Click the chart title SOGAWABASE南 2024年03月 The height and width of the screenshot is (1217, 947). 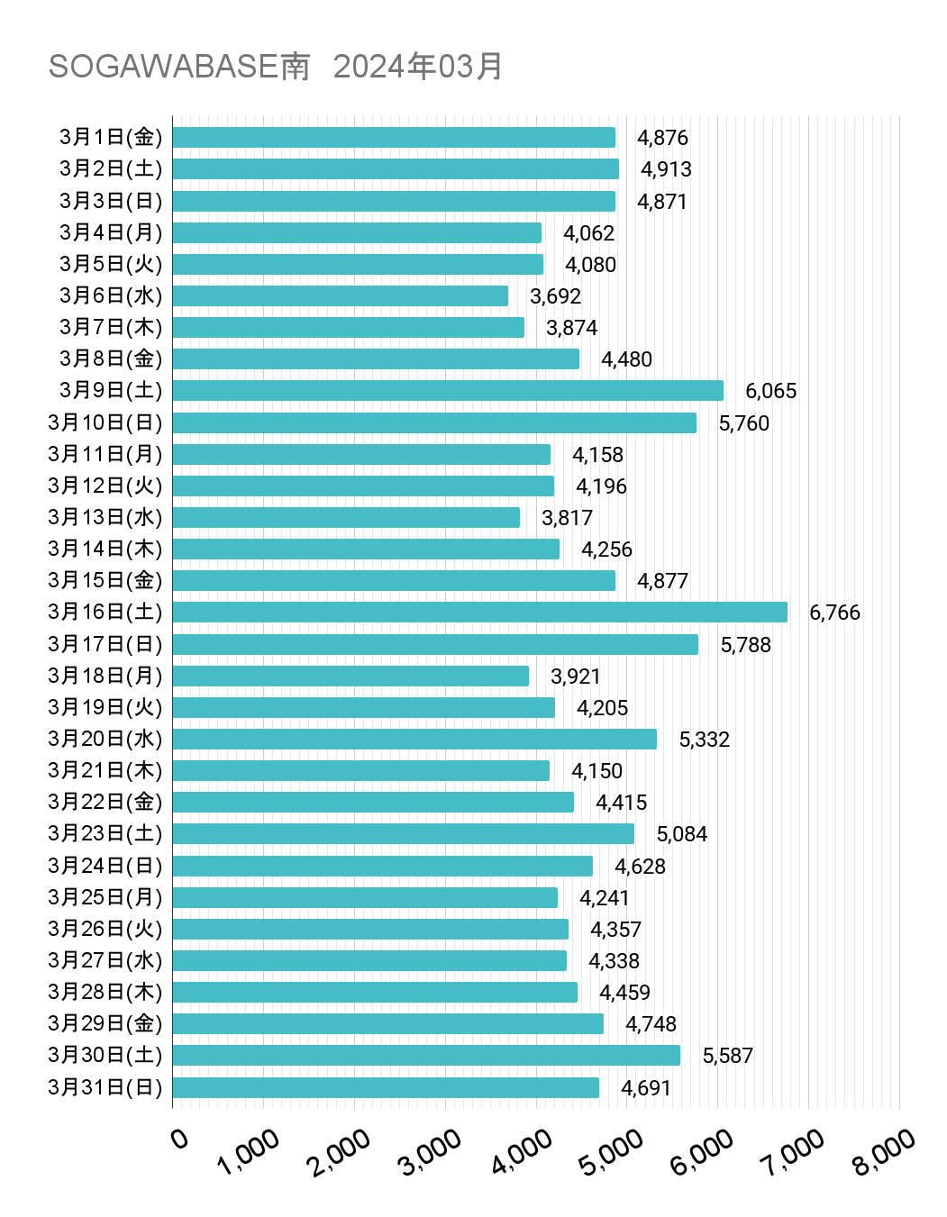pyautogui.click(x=275, y=67)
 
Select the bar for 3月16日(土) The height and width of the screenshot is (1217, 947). pyautogui.click(x=479, y=613)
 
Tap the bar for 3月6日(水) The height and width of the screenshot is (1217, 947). pyautogui.click(x=340, y=296)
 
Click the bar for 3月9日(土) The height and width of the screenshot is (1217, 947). pyautogui.click(x=447, y=391)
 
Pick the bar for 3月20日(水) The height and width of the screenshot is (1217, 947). pyautogui.click(x=414, y=740)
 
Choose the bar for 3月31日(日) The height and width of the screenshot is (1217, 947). pyautogui.click(x=385, y=1088)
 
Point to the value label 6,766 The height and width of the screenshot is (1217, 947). pyautogui.click(x=834, y=613)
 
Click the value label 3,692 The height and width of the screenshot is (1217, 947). pyautogui.click(x=555, y=296)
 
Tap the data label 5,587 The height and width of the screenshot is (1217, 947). pyautogui.click(x=727, y=1056)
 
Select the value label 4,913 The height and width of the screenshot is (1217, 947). pyautogui.click(x=666, y=169)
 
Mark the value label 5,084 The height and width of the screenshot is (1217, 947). pyautogui.click(x=681, y=834)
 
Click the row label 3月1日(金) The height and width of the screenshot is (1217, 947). pyautogui.click(x=111, y=137)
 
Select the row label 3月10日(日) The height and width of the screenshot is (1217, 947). pyautogui.click(x=105, y=422)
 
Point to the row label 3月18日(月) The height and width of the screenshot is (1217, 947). pyautogui.click(x=105, y=676)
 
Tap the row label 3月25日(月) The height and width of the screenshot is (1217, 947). pyautogui.click(x=105, y=897)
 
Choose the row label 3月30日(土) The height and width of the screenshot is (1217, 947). pyautogui.click(x=105, y=1055)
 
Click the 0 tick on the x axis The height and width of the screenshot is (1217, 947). pyautogui.click(x=179, y=1140)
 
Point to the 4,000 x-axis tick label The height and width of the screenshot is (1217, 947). pyautogui.click(x=522, y=1152)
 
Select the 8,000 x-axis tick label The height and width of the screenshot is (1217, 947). pyautogui.click(x=884, y=1152)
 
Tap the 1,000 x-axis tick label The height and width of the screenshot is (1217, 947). pyautogui.click(x=249, y=1152)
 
